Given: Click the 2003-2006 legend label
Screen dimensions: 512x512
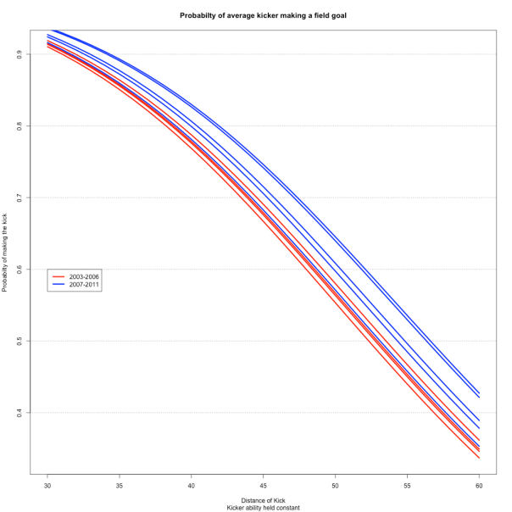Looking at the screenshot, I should coord(83,276).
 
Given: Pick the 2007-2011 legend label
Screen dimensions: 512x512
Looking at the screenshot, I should coord(83,285).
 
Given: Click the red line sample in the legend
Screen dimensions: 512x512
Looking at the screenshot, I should coord(58,276).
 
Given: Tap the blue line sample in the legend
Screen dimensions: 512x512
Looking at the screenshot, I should coord(58,285).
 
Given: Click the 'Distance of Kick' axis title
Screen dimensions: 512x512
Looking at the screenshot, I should coord(263,499).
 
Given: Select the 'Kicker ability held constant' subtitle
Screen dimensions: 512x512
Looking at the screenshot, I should coord(263,507).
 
